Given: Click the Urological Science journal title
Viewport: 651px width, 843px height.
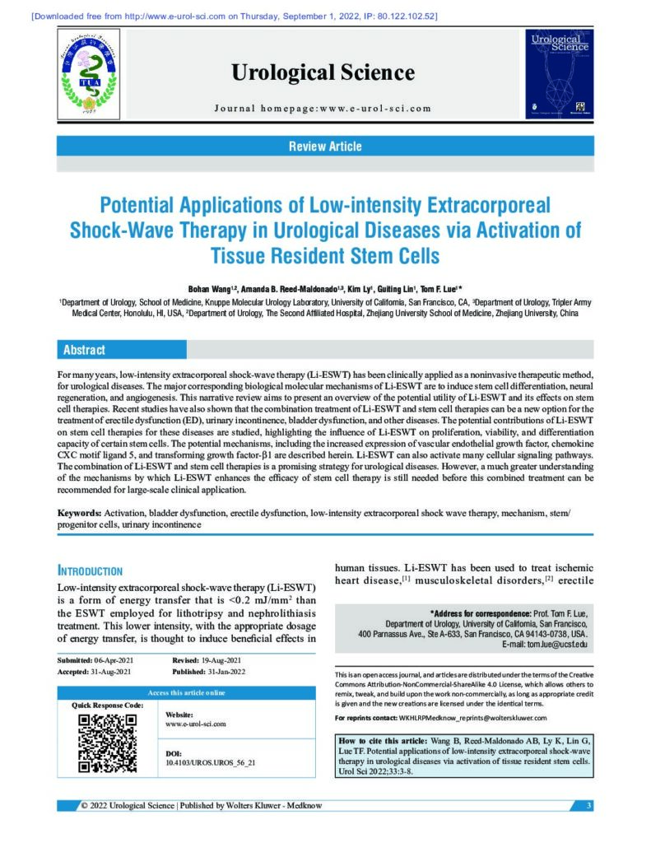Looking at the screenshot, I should tap(323, 72).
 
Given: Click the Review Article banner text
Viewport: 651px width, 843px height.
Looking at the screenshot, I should tap(325, 147).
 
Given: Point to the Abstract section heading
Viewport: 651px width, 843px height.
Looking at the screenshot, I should tap(85, 350).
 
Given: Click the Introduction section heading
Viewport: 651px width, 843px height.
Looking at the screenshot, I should tap(90, 571).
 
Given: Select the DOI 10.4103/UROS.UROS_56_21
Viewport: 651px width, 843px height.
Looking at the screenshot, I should tap(211, 763).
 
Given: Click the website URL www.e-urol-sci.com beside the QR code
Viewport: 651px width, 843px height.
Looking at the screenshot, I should tap(196, 724).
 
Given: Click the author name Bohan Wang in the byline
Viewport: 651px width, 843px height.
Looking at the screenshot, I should tap(213, 290).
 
